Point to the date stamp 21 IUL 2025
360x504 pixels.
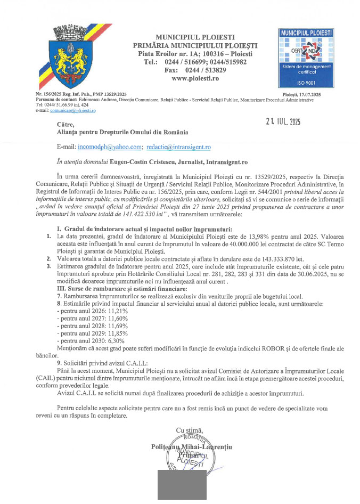point(282,121)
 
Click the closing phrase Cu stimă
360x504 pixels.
point(190,430)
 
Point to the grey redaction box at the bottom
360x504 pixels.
point(182,485)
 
